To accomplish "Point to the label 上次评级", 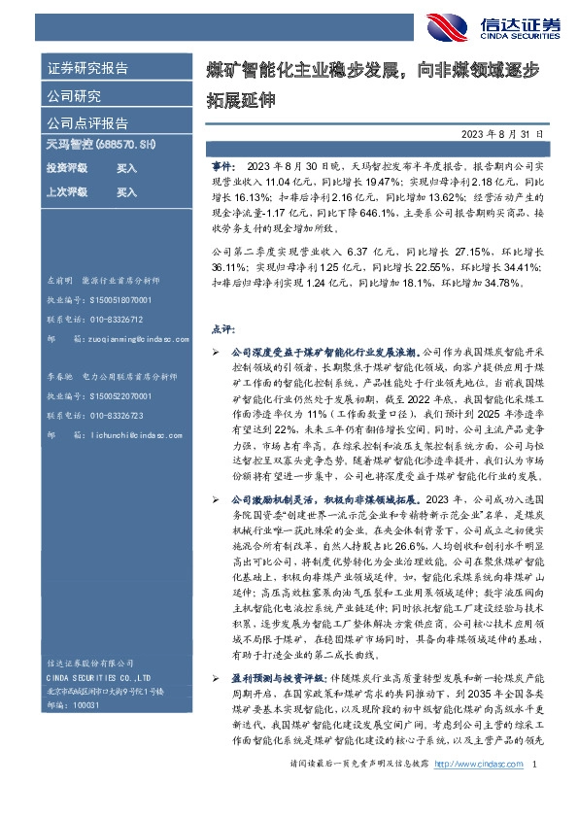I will pos(67,192).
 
